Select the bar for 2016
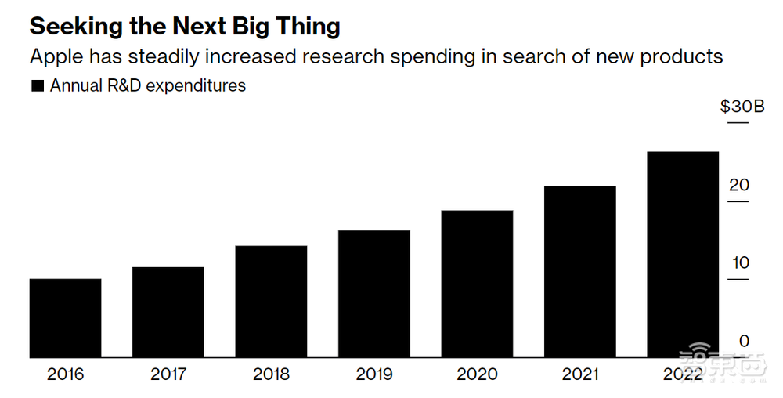[x=65, y=318]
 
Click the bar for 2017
[x=168, y=313]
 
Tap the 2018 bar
[x=271, y=302]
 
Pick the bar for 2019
[x=373, y=294]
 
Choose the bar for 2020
[x=477, y=284]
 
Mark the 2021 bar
[x=579, y=272]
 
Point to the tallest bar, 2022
[x=683, y=255]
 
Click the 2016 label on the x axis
[x=65, y=374]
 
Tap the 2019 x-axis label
[x=373, y=374]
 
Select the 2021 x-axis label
[x=580, y=374]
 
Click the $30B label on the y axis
[x=742, y=107]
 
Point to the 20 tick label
[x=740, y=186]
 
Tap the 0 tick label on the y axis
[x=744, y=342]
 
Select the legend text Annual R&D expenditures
[x=148, y=86]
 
